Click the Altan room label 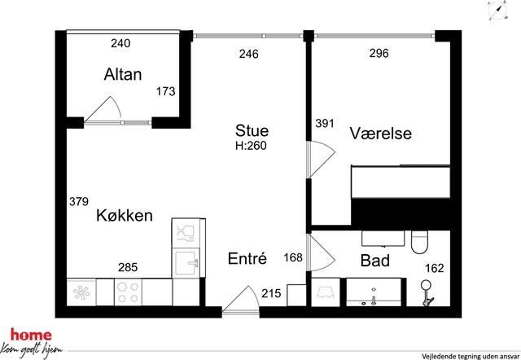coord(123,74)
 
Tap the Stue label coord(252,130)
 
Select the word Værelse coord(380,134)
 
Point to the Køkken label coord(125,215)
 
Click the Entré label coord(247,258)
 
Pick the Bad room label coord(375,261)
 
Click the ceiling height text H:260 coord(251,146)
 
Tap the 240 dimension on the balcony coord(120,43)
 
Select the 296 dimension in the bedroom coord(379,53)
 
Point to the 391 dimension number coord(325,123)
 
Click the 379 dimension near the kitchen coord(79,201)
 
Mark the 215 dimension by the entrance coord(271,293)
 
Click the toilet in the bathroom coord(421,243)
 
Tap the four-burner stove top coord(129,292)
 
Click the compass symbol coord(497,11)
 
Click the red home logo coord(31,335)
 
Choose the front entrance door coord(241,300)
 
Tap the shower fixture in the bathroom coord(427,293)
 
